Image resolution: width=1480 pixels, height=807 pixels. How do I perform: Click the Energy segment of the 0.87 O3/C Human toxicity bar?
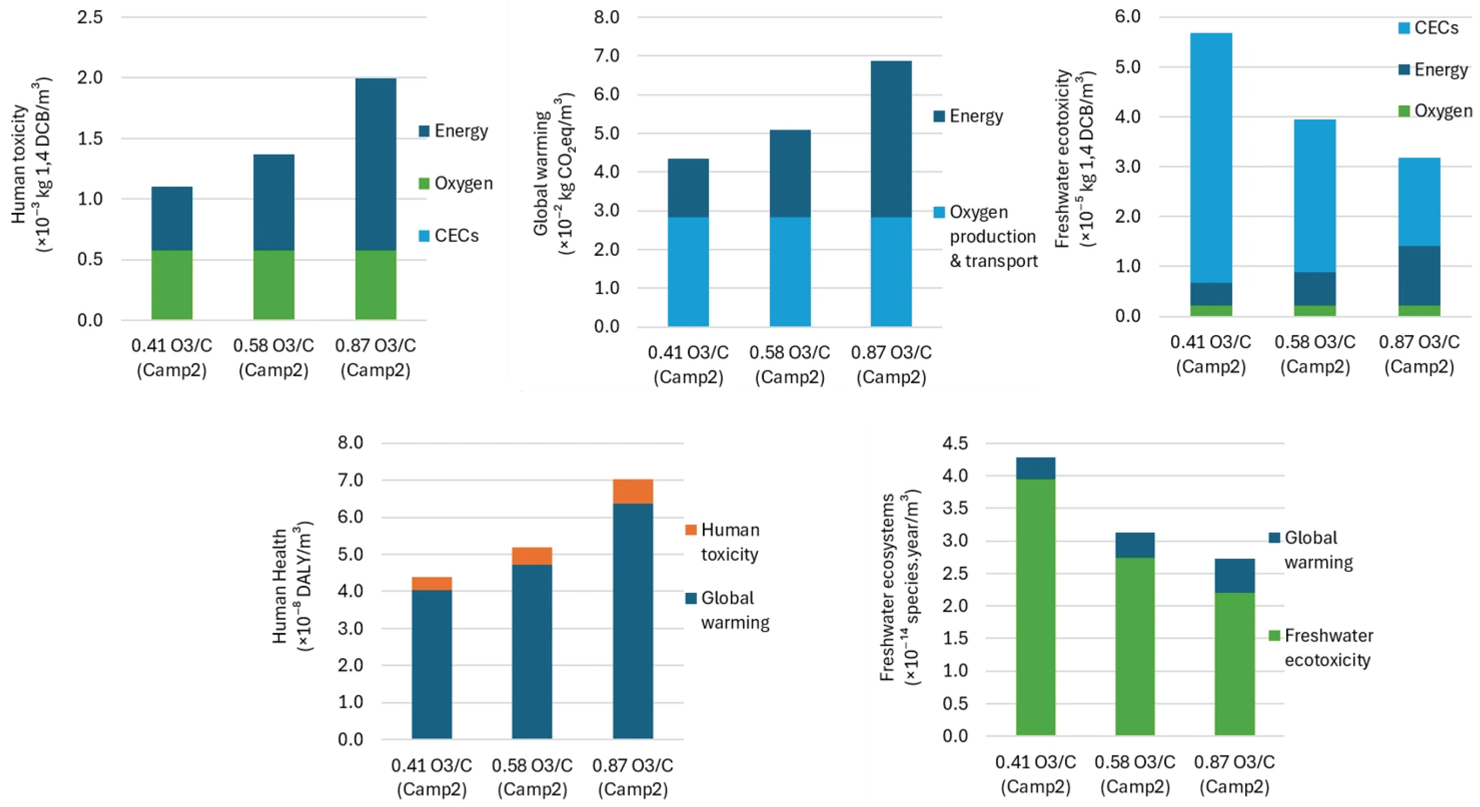point(376,165)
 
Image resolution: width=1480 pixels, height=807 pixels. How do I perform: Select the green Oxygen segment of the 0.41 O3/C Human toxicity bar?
point(172,285)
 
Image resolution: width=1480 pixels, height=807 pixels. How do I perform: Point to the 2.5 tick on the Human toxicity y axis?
point(90,17)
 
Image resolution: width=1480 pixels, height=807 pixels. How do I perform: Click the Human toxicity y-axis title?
point(32,165)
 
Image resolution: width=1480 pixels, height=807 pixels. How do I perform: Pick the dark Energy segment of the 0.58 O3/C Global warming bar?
point(790,174)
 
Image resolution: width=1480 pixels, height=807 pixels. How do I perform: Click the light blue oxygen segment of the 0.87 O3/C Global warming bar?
point(891,272)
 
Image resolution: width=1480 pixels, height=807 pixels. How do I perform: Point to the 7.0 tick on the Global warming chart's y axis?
point(607,56)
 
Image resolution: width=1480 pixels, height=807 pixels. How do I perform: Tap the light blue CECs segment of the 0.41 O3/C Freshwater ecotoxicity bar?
point(1211,158)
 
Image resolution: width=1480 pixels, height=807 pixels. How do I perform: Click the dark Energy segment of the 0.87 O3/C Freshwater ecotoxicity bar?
point(1419,276)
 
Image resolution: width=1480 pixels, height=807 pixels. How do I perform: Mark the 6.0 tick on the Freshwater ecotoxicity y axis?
point(1128,17)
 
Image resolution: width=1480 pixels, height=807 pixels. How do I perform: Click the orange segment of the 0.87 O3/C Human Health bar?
point(633,492)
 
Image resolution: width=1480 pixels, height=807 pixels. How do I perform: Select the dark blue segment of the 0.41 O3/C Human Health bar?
point(432,664)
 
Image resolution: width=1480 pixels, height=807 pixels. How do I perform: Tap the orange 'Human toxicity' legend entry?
point(722,542)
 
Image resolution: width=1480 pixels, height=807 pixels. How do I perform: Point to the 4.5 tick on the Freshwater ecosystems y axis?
point(955,443)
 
